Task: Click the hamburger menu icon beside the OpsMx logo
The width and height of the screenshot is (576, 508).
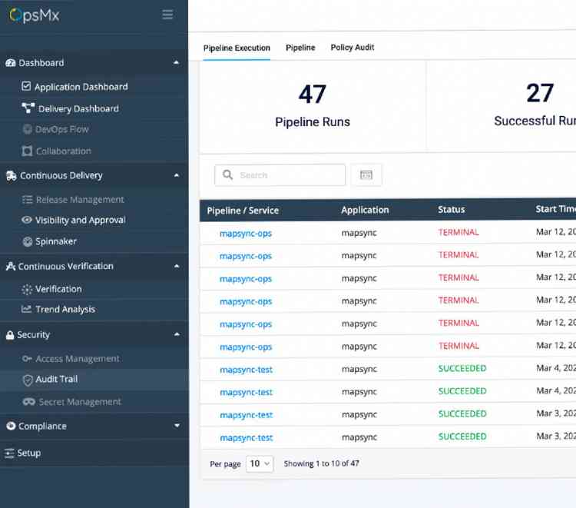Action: click(167, 15)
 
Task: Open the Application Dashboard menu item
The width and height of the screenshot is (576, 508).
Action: click(81, 87)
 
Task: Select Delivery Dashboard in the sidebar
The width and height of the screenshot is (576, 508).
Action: click(78, 109)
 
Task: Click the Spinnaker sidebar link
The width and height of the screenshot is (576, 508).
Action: click(55, 241)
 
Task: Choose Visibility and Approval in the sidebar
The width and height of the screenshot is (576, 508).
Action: click(80, 220)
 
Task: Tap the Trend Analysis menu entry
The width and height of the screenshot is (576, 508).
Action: click(65, 309)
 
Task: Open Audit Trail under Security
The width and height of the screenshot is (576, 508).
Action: click(56, 379)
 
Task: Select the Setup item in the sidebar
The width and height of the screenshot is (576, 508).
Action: click(28, 453)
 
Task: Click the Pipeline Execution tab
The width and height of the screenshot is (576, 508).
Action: click(237, 48)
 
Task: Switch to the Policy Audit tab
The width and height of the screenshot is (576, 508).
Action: click(353, 48)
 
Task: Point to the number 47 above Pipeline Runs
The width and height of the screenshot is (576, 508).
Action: click(313, 95)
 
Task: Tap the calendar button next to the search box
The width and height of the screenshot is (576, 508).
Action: click(366, 175)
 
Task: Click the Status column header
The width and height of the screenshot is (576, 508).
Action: click(451, 210)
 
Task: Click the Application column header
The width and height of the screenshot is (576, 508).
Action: click(365, 210)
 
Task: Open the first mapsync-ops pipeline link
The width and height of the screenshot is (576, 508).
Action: click(246, 233)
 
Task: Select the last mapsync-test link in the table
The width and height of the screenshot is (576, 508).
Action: click(246, 438)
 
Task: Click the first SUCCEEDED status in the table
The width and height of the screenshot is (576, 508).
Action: click(462, 368)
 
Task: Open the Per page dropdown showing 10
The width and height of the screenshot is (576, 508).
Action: click(260, 464)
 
